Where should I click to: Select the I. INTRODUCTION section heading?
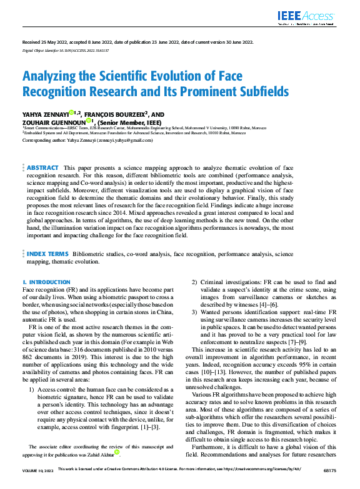pos(46,283)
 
